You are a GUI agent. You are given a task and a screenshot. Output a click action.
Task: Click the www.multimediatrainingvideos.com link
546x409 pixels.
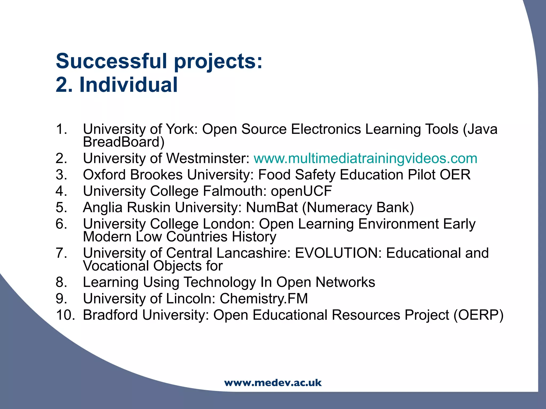pyautogui.click(x=365, y=158)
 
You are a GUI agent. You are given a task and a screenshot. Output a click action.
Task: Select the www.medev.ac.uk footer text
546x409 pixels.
pyautogui.click(x=273, y=383)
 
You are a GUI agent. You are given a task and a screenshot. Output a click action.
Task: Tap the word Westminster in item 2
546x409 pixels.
pyautogui.click(x=208, y=158)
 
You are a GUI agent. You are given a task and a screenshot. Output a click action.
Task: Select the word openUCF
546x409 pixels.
pyautogui.click(x=301, y=191)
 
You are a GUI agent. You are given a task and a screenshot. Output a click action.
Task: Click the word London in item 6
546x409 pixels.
pyautogui.click(x=229, y=224)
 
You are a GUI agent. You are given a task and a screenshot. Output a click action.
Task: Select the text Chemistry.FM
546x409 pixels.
pyautogui.click(x=264, y=298)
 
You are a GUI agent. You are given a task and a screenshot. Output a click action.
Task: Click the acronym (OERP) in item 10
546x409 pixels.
pyautogui.click(x=479, y=315)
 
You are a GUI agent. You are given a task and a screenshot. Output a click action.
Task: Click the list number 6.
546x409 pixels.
pyautogui.click(x=61, y=224)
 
